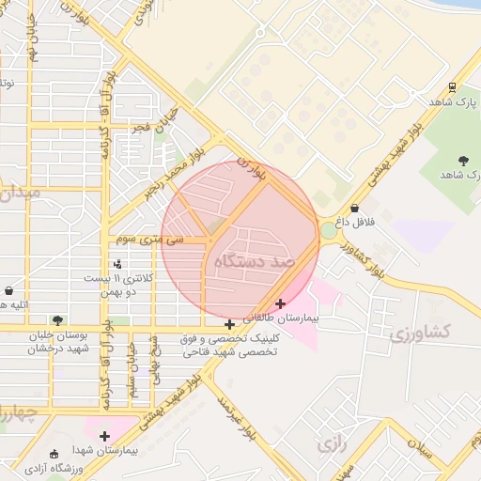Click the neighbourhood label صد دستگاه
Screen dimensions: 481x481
pyautogui.click(x=255, y=258)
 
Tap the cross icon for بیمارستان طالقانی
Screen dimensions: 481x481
pyautogui.click(x=280, y=303)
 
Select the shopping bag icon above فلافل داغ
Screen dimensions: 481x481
pyautogui.click(x=354, y=208)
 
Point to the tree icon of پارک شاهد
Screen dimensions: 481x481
pyautogui.click(x=461, y=160)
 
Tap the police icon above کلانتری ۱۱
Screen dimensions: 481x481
pyautogui.click(x=117, y=264)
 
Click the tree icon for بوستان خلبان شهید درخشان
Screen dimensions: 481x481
pyautogui.click(x=58, y=320)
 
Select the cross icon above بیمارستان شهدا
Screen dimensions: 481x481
pyautogui.click(x=104, y=436)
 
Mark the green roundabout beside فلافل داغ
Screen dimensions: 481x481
pyautogui.click(x=328, y=230)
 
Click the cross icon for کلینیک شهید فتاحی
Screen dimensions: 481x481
pyautogui.click(x=229, y=325)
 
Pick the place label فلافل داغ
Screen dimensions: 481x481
pyautogui.click(x=357, y=222)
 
